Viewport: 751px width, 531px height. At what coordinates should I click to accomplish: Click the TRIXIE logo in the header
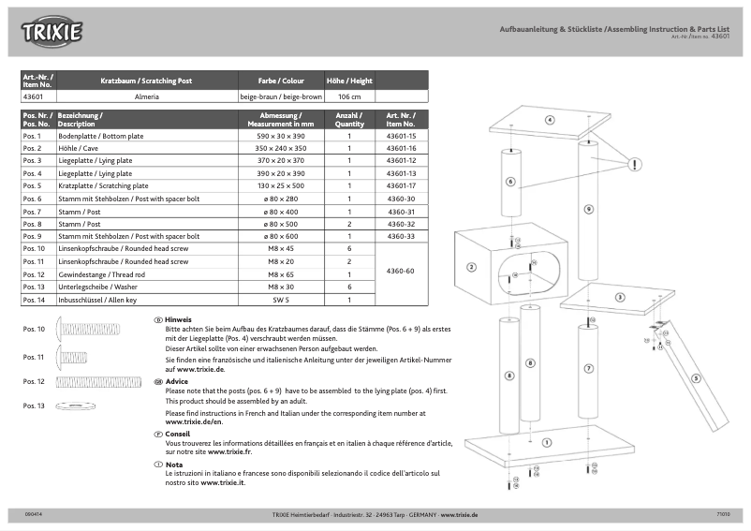coord(52,34)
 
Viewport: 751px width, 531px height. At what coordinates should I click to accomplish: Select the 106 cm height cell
coord(349,96)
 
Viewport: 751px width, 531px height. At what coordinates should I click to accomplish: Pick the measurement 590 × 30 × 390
coord(280,136)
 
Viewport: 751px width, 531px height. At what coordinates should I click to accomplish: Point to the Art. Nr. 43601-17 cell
coord(401,186)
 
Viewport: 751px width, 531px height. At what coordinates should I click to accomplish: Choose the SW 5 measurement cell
coord(280,300)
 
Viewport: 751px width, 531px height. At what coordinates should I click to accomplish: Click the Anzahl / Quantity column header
coord(349,120)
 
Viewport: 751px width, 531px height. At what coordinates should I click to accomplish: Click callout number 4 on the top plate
coord(550,120)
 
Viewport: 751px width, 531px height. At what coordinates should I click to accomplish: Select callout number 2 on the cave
coord(471,267)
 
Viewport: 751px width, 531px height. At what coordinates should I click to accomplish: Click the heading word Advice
coord(177,382)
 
